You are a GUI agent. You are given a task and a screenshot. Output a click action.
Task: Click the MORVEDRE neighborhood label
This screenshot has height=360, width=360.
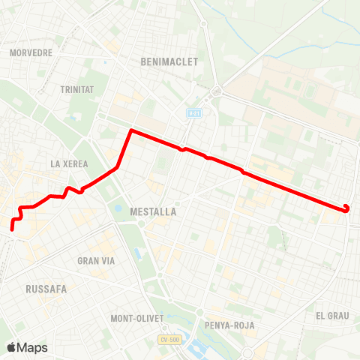tap(31, 53)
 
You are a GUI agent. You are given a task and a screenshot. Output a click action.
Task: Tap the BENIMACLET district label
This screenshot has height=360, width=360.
tap(169, 62)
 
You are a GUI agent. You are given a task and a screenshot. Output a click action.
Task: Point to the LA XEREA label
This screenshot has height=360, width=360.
tap(69, 163)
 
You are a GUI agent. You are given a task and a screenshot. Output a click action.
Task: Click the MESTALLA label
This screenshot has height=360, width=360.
tap(152, 212)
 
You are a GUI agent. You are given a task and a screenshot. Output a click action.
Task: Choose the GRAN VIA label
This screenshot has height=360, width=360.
tap(95, 261)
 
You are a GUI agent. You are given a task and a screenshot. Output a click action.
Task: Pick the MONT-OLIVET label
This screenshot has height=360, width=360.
tap(136, 318)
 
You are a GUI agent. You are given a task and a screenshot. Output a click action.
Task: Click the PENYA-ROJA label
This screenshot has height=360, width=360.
tap(229, 325)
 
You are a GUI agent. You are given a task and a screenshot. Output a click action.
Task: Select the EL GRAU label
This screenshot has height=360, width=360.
tap(332, 316)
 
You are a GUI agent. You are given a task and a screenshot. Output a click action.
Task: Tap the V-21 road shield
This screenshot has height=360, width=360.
tap(193, 112)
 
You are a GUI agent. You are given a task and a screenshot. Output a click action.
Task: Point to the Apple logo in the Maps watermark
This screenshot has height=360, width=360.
tap(12, 347)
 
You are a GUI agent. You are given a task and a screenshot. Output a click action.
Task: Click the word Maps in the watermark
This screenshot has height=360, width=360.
tap(32, 347)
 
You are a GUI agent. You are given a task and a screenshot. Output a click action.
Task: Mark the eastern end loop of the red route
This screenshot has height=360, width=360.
tap(346, 208)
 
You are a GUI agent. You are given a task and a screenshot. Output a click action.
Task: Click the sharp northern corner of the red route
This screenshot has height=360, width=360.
tap(131, 130)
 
